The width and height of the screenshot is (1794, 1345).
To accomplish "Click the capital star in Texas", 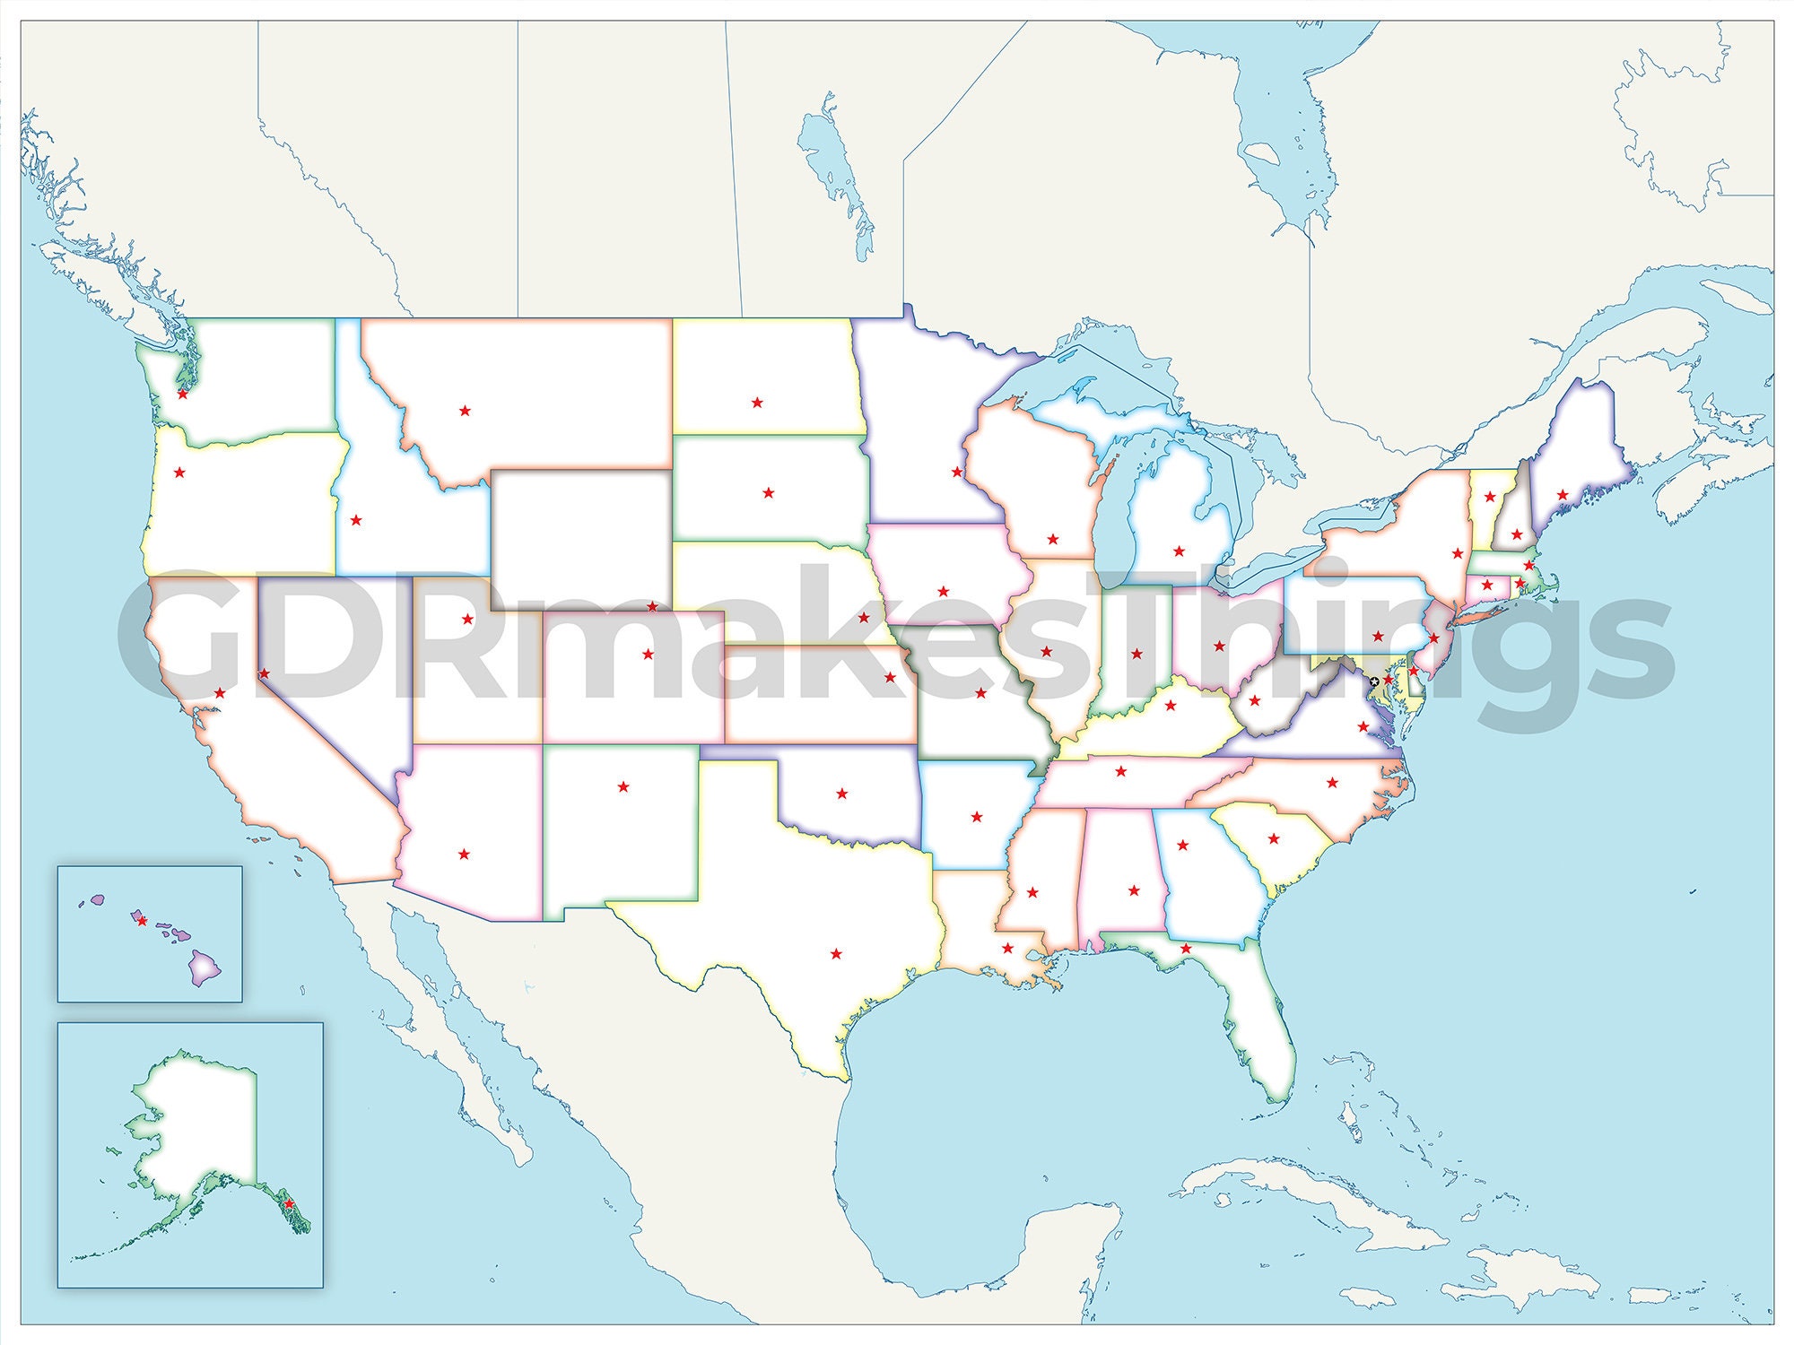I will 837,953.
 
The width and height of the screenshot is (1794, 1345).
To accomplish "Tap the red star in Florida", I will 1186,949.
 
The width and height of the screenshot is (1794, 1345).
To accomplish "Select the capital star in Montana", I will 465,411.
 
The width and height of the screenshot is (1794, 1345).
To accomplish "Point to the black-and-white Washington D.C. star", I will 1374,682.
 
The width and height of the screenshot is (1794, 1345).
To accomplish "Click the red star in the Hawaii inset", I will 141,920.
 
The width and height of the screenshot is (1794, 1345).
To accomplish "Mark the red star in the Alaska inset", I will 289,1203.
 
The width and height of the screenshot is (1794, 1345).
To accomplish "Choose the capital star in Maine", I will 1563,495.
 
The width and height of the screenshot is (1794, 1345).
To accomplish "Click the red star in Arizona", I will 464,855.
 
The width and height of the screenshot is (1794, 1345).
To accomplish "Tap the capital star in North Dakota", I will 757,403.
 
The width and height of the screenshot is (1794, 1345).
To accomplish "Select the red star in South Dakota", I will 768,492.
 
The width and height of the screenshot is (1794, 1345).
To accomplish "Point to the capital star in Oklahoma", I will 841,794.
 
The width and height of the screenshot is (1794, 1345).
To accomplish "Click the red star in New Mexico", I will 623,787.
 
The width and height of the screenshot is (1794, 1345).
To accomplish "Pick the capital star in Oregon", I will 179,473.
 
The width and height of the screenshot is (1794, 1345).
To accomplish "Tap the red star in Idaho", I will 356,520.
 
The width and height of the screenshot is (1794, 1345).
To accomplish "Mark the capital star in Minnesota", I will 957,472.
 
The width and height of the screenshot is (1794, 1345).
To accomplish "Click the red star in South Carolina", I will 1274,839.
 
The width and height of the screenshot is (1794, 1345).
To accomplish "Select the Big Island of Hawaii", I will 205,968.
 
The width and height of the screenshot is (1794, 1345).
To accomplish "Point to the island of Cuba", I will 1310,1202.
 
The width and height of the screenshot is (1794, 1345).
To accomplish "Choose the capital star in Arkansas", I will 977,817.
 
